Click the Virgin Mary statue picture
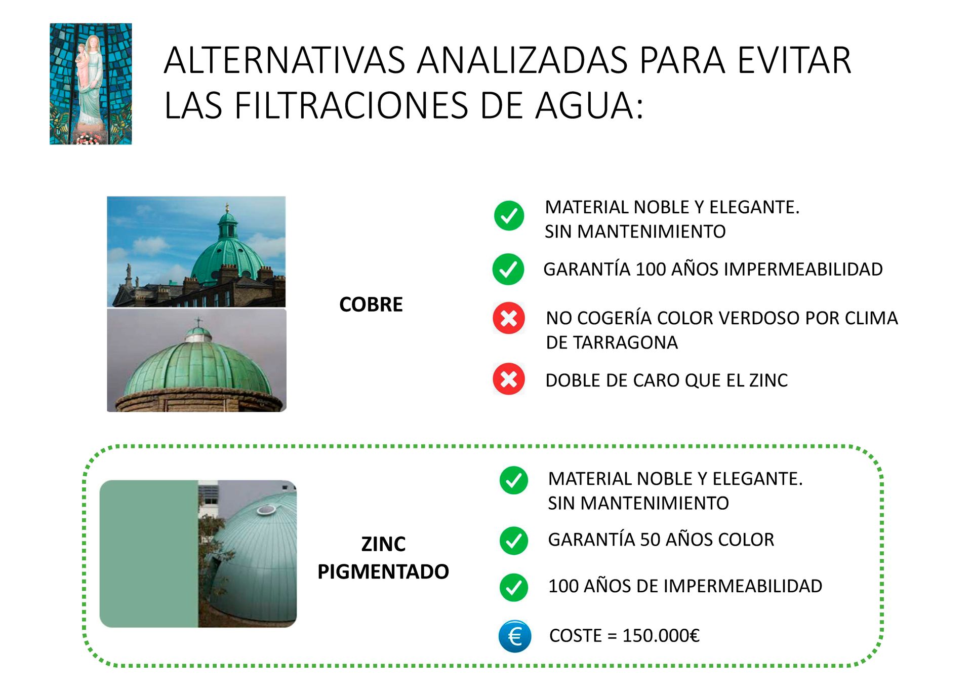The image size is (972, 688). coord(91,84)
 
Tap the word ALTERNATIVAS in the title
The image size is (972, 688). coord(285,61)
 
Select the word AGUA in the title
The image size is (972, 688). coord(589,106)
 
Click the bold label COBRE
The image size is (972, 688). coord(371,304)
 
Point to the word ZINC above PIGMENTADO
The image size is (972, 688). coord(383,544)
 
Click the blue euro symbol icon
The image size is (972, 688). coord(514,636)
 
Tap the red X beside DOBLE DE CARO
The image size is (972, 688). coord(509,379)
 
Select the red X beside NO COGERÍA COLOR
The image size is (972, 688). coord(509,318)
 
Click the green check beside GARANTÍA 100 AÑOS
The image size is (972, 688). coord(508,269)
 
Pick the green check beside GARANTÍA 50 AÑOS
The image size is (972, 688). coord(514,541)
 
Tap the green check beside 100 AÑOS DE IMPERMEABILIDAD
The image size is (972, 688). coord(514,587)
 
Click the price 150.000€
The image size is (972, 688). coord(661,635)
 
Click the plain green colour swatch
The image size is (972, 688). coord(148,554)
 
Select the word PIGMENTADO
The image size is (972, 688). coord(383,571)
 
